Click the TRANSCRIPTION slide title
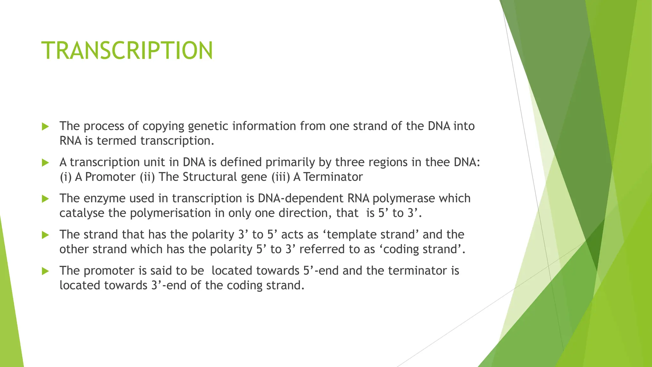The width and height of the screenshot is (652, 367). coord(127,51)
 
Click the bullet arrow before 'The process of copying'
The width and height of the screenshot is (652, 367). coord(45,127)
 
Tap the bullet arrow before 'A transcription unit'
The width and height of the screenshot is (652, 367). coord(45,163)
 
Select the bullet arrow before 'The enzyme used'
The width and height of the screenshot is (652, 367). coord(45,199)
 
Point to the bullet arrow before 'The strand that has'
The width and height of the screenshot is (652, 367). coord(45,235)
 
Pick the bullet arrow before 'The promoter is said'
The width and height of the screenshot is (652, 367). coord(45,271)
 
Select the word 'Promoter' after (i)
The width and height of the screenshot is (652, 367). coord(110,177)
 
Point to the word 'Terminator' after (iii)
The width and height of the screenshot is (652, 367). coord(333,177)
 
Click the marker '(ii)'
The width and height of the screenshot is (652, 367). coord(147,177)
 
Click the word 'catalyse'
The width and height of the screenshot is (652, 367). coord(82,213)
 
